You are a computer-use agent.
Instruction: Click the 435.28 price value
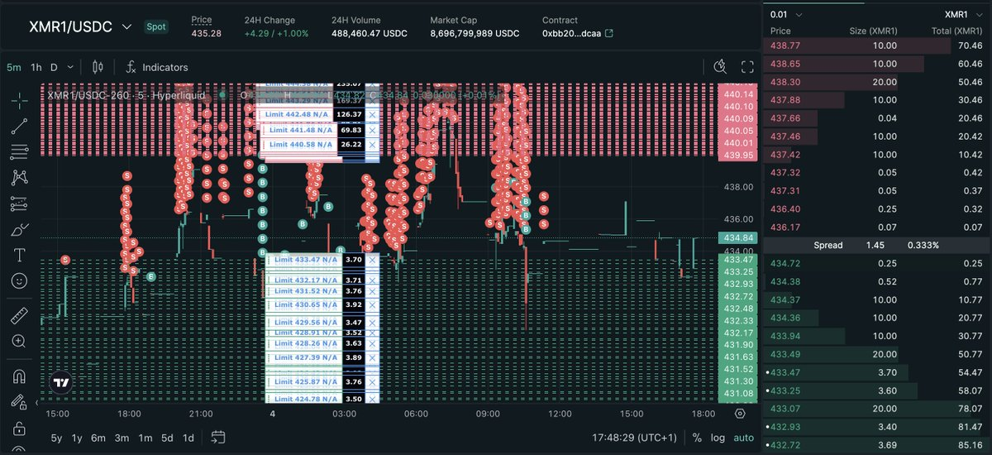(x=207, y=33)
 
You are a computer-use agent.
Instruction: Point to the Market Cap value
(x=475, y=33)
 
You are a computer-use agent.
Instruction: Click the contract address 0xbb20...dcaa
(x=571, y=33)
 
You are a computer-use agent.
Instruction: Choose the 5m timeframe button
(x=14, y=67)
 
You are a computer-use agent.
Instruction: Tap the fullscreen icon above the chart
(x=747, y=67)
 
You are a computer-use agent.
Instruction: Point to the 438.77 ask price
(x=785, y=49)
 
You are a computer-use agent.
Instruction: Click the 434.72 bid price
(x=785, y=263)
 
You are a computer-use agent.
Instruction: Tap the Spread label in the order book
(x=827, y=246)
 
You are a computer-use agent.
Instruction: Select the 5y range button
(x=56, y=438)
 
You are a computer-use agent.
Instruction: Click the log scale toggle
(x=718, y=438)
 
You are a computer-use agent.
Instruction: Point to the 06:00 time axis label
(x=417, y=414)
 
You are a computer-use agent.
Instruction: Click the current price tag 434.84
(x=737, y=238)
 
